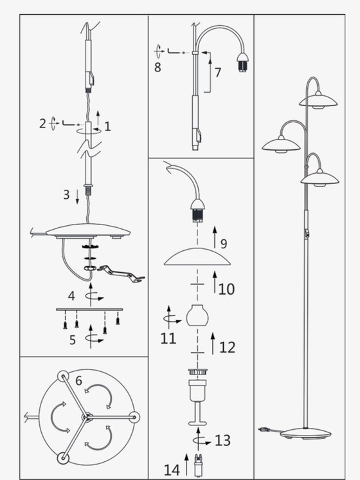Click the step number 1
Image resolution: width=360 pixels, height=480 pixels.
click(107, 127)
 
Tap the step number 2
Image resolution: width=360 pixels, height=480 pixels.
click(42, 124)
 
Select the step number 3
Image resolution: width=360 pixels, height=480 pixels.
click(66, 194)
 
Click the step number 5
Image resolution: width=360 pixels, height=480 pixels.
click(72, 339)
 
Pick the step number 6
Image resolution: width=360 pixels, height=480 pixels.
click(78, 381)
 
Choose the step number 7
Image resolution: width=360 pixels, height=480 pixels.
click(218, 73)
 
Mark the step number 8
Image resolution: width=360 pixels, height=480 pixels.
click(157, 66)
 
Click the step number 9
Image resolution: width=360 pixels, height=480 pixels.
click(224, 244)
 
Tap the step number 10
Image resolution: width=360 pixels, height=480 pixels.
click(226, 289)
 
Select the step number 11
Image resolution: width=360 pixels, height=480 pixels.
click(168, 338)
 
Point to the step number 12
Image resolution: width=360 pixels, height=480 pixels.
click(227, 347)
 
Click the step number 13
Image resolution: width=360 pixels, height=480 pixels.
click(222, 441)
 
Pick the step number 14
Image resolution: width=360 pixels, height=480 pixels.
click(172, 470)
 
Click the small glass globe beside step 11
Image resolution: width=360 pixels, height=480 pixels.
click(199, 317)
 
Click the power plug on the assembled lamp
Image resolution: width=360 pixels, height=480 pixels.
click(263, 428)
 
